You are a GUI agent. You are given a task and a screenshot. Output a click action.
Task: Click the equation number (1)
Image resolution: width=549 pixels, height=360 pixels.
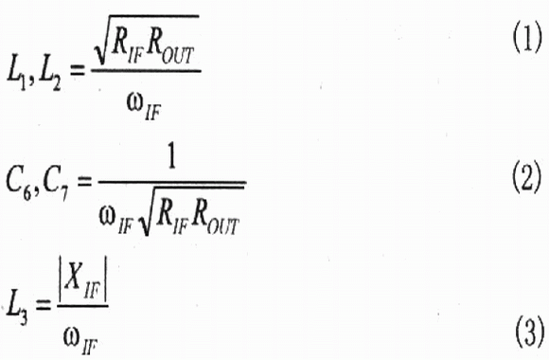pyautogui.click(x=527, y=39)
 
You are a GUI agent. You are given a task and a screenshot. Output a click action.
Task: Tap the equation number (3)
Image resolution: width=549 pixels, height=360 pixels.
pyautogui.click(x=530, y=333)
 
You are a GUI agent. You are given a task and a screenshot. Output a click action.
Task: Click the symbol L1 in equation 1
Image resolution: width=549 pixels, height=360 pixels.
pyautogui.click(x=16, y=77)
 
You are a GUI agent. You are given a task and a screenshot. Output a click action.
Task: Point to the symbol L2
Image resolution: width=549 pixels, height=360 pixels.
pyautogui.click(x=49, y=77)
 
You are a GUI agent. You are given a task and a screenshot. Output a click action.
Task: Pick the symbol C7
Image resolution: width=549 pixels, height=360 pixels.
pyautogui.click(x=55, y=187)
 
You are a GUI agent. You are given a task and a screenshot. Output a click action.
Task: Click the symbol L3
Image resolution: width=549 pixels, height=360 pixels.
pyautogui.click(x=17, y=311)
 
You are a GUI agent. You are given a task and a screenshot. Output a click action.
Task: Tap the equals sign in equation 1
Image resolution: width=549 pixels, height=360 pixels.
pyautogui.click(x=77, y=71)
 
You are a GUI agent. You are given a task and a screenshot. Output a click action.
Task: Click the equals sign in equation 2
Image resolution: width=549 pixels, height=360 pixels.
pyautogui.click(x=84, y=182)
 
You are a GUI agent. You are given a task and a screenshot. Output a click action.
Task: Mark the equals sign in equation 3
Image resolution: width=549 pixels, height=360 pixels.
pyautogui.click(x=43, y=306)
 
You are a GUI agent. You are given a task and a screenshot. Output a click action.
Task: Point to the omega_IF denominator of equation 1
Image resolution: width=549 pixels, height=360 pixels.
pyautogui.click(x=144, y=107)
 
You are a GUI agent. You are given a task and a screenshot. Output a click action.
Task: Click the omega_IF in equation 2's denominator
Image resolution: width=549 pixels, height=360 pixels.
pyautogui.click(x=115, y=221)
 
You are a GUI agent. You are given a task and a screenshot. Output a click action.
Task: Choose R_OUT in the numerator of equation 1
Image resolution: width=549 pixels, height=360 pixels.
pyautogui.click(x=169, y=50)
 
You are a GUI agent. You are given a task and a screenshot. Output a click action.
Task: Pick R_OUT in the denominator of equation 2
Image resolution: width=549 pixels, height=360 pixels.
pyautogui.click(x=215, y=219)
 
